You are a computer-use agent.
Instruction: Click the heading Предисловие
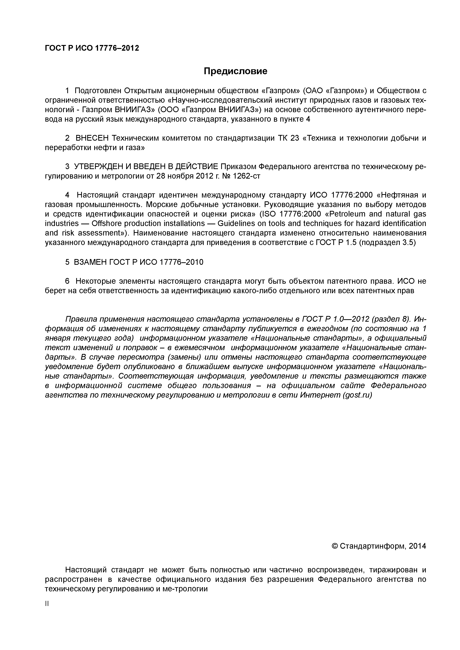[235, 71]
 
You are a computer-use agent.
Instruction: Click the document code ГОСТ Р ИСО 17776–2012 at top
[92, 48]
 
